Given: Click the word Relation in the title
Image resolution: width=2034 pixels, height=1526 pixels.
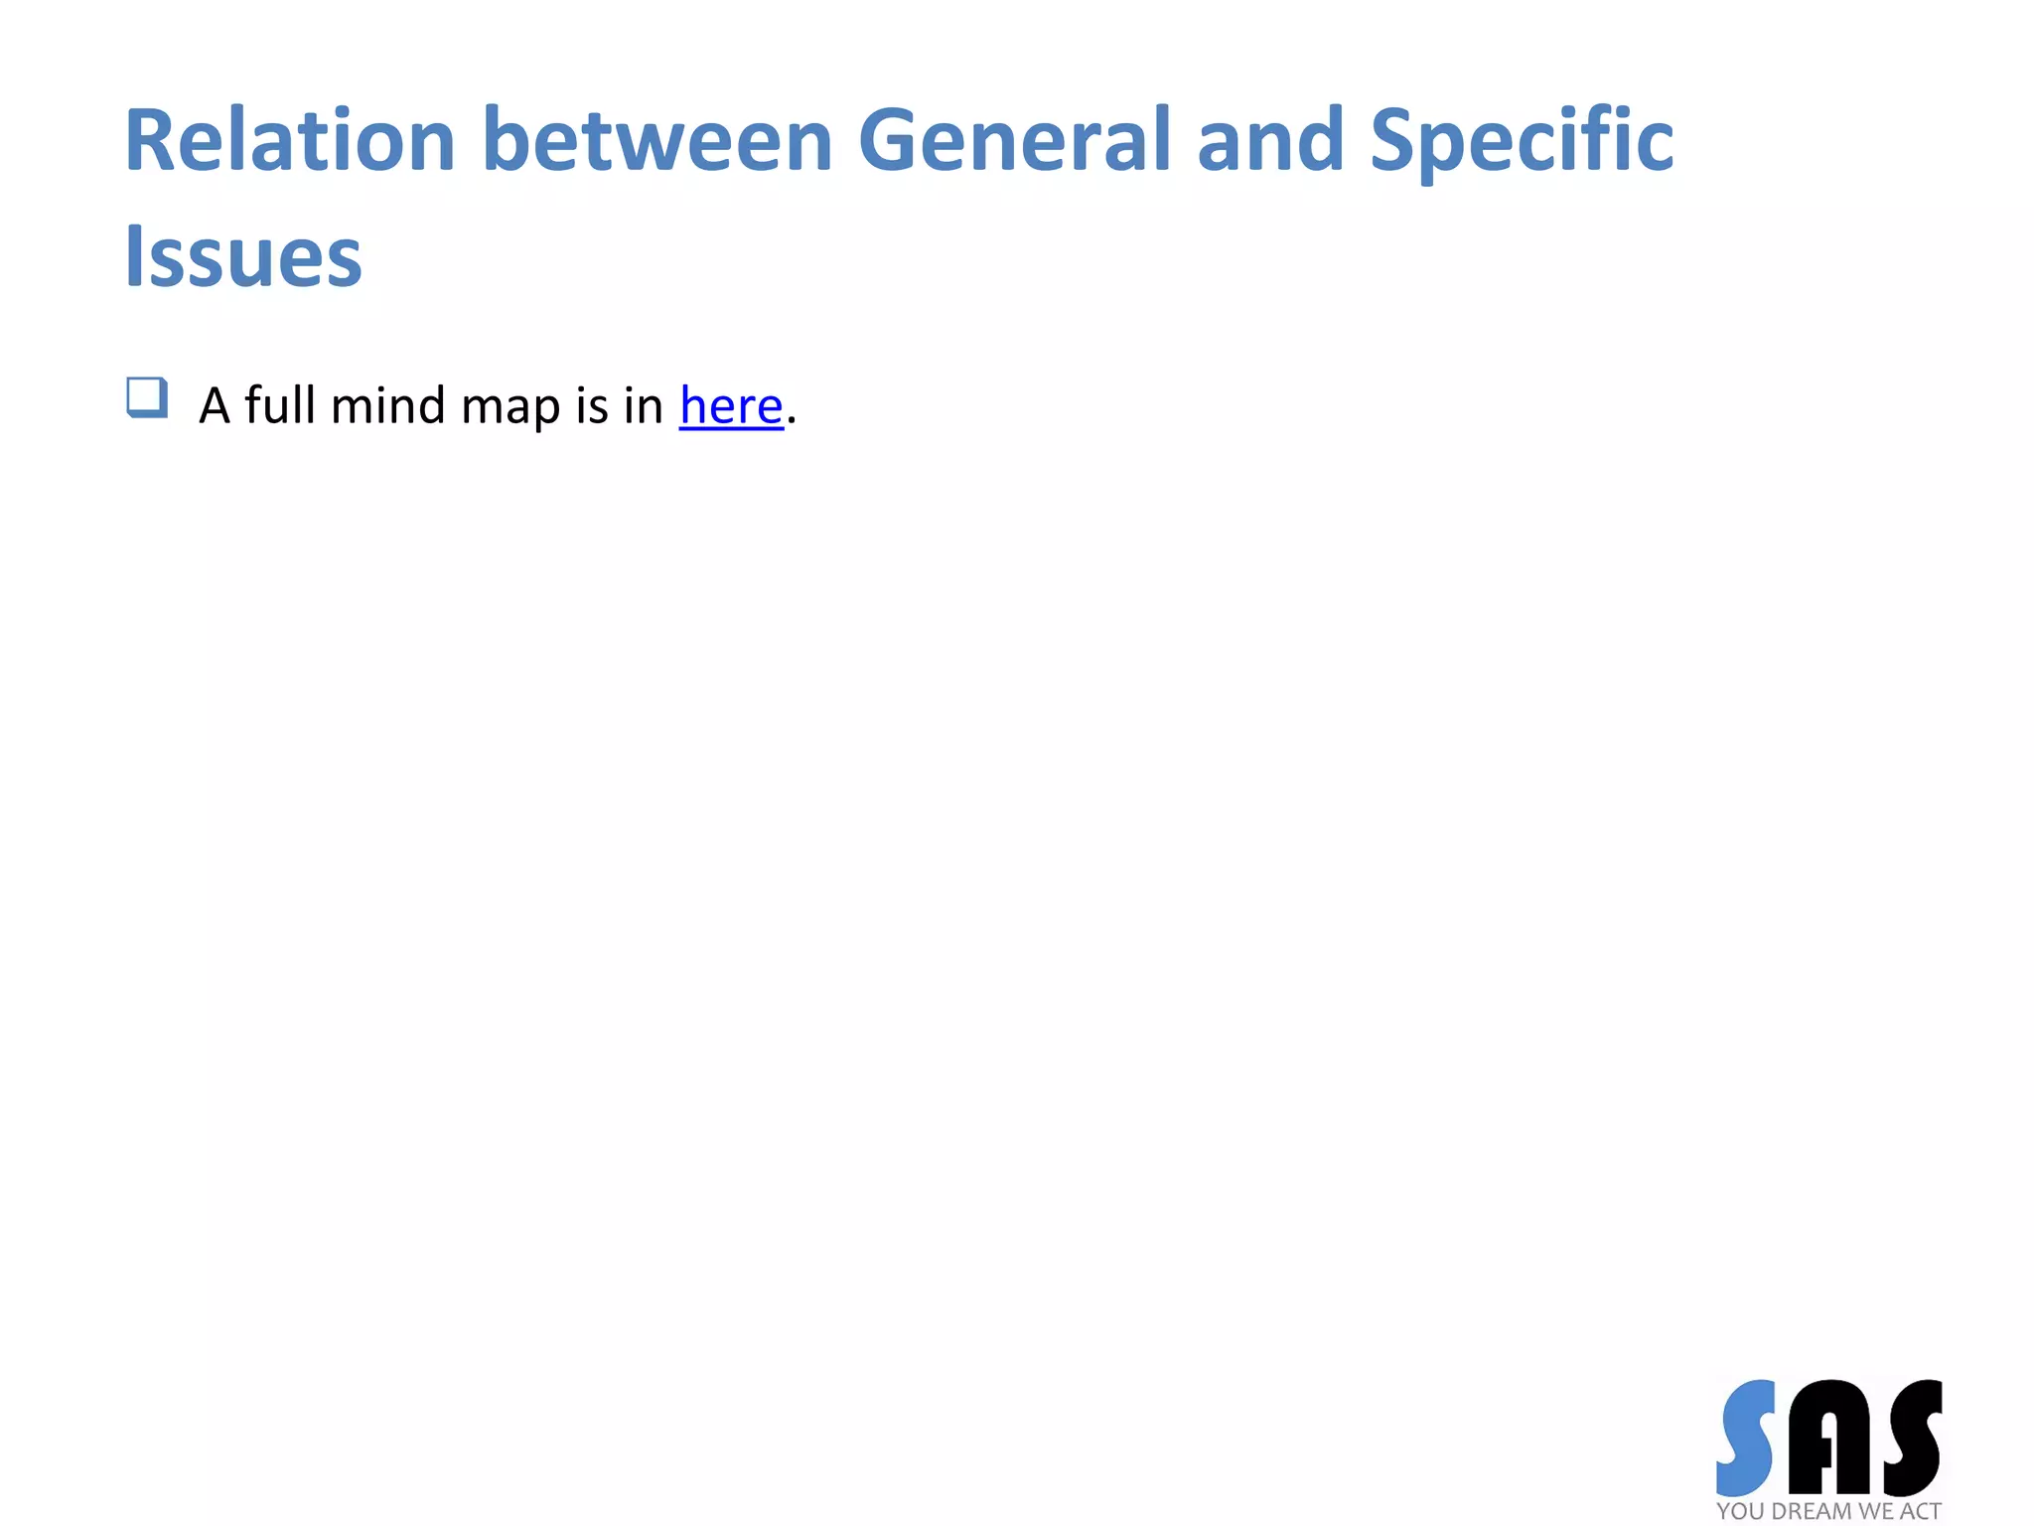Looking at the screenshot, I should pyautogui.click(x=289, y=141).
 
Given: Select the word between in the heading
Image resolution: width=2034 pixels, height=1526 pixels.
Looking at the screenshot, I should pyautogui.click(x=656, y=141).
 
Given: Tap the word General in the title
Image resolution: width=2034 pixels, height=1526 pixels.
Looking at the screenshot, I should pyautogui.click(x=1014, y=141).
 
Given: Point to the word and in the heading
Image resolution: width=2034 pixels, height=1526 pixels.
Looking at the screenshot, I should pyautogui.click(x=1270, y=141).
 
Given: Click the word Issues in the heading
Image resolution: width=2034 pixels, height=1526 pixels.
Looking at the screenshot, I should pyautogui.click(x=243, y=257).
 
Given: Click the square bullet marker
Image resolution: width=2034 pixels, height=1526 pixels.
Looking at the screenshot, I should pyautogui.click(x=147, y=397).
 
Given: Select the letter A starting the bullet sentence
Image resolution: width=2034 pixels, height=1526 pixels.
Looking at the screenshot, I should pyautogui.click(x=215, y=406).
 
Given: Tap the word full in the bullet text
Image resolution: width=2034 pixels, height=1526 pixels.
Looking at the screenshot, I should pyautogui.click(x=280, y=405).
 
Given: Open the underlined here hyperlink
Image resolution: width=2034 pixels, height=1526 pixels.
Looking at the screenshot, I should pyautogui.click(x=731, y=405).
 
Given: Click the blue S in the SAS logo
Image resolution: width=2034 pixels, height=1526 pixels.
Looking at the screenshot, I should pyautogui.click(x=1746, y=1437).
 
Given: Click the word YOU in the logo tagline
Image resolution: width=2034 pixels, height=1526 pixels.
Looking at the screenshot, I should pyautogui.click(x=1740, y=1511).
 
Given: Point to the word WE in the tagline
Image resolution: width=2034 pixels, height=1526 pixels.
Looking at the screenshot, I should pyautogui.click(x=1875, y=1511).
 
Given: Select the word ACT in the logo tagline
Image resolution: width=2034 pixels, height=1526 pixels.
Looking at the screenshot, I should pyautogui.click(x=1919, y=1511).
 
